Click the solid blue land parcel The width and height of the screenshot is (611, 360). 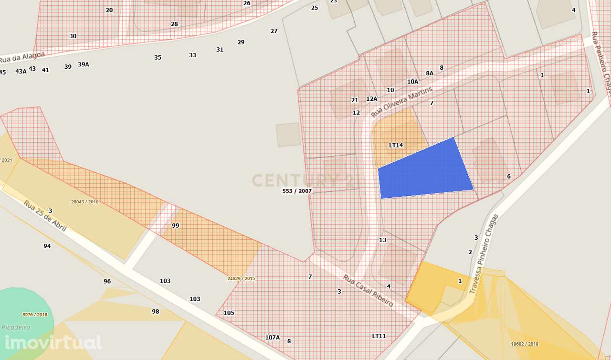424,169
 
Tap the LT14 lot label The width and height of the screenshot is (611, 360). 396,145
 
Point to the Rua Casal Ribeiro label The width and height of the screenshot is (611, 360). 368,291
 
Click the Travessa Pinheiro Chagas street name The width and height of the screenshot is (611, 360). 484,253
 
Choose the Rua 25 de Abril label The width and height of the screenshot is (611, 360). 45,216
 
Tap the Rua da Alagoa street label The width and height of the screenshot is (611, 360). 22,57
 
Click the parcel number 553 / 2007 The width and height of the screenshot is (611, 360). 297,191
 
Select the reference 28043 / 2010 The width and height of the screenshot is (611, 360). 84,202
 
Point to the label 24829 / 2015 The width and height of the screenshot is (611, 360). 242,278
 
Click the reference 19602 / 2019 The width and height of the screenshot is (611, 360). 524,344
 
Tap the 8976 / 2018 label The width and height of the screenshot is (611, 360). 35,315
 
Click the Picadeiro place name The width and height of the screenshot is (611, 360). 16,328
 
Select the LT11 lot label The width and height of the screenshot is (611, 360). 379,336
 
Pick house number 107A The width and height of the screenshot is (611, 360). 272,338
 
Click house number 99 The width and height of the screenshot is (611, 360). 175,226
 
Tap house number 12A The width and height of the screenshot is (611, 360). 371,99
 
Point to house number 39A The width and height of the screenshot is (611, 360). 84,64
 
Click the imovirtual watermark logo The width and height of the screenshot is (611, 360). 53,342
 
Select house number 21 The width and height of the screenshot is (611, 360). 354,100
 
